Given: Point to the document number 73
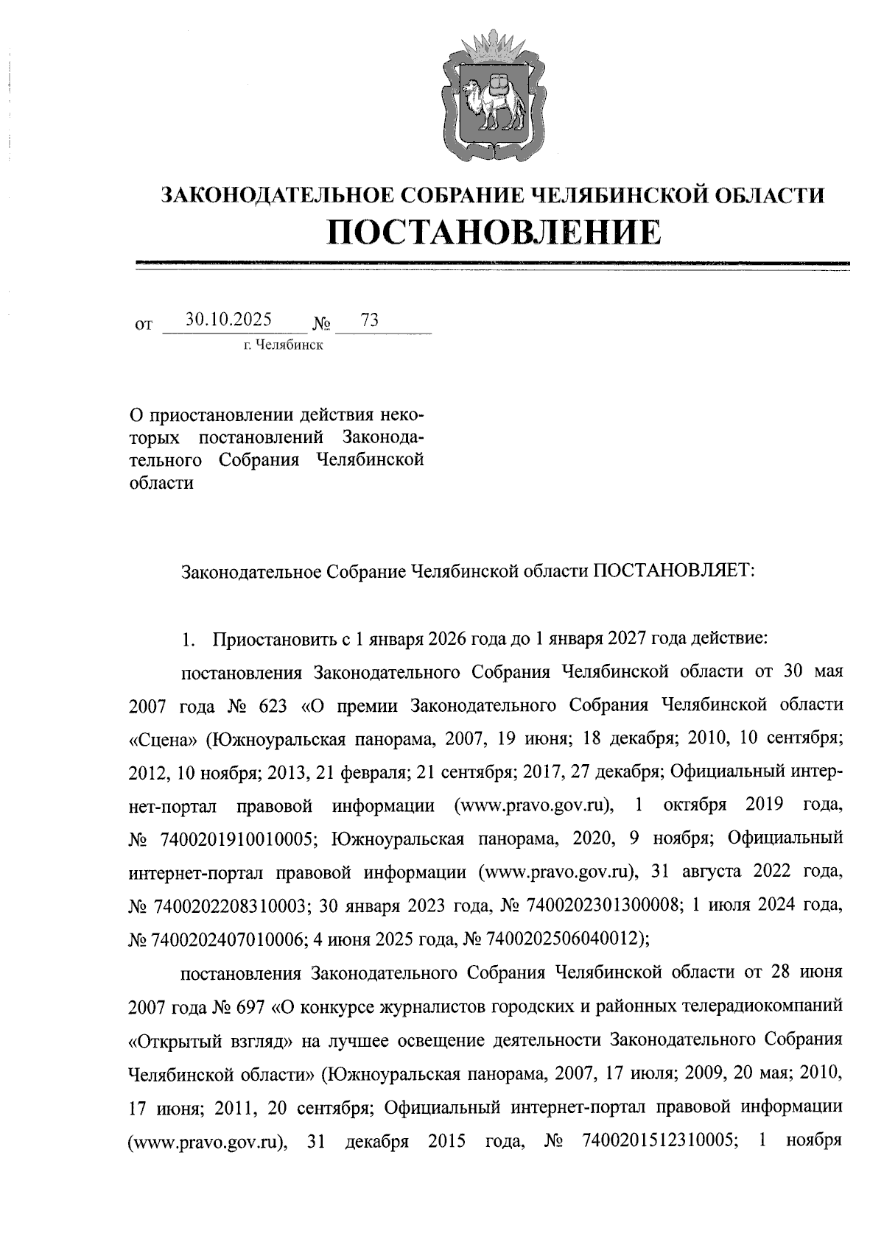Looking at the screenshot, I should (370, 319).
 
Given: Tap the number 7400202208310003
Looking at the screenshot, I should (230, 905).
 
